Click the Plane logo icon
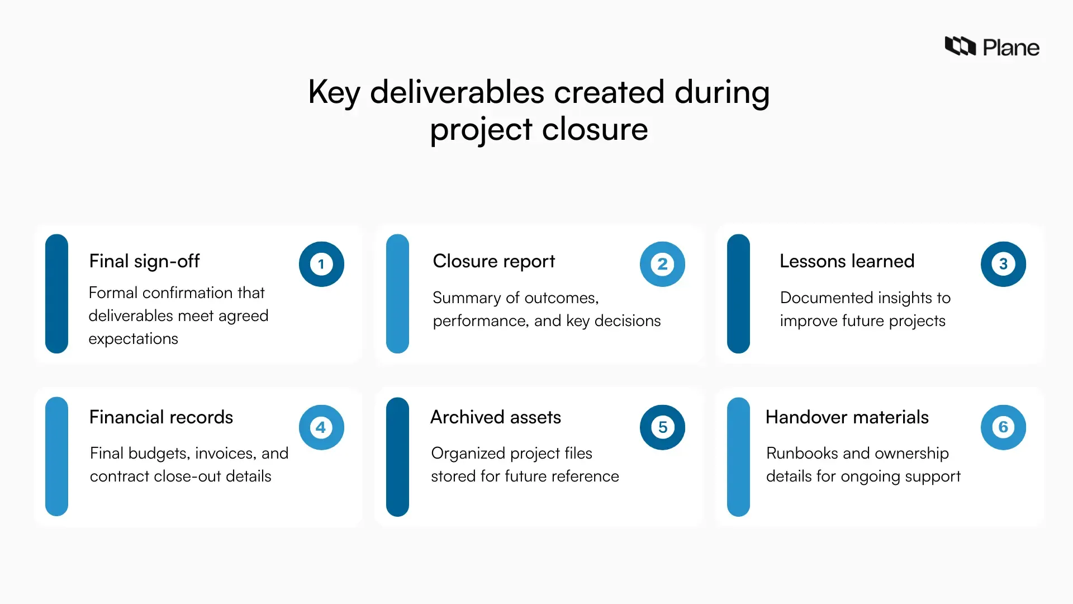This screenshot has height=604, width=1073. point(960,46)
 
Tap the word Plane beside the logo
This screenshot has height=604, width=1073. point(1011,48)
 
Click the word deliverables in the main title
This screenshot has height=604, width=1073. point(457,92)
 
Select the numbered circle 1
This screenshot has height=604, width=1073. point(321,264)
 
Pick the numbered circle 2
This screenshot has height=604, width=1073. point(662,264)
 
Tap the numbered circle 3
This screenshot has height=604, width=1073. point(1003,264)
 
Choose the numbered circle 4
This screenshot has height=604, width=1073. point(321,427)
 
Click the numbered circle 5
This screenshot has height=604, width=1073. point(662,427)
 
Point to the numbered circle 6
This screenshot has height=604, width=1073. point(1003,427)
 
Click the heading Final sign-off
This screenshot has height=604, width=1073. point(144,261)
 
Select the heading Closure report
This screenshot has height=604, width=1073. point(493,261)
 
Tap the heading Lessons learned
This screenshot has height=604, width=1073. point(847,261)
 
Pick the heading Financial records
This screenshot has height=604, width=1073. point(161,417)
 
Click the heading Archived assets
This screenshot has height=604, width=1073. point(495,417)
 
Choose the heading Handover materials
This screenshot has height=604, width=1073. point(847,417)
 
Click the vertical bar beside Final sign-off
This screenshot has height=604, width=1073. point(56,294)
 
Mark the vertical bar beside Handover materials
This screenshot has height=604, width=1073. point(738,457)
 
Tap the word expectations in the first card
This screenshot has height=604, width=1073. point(133,339)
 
